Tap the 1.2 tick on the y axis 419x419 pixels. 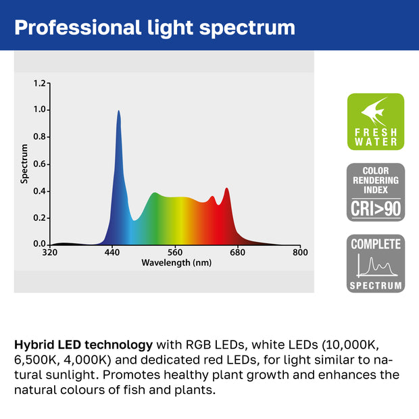pos(39,83)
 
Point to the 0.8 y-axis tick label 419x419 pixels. pos(39,137)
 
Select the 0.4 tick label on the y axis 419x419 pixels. pos(39,191)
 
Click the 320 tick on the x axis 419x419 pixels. pos(49,253)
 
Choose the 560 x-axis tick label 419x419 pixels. pos(175,253)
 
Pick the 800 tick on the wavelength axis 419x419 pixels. pos(299,253)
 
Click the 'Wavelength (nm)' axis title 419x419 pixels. pos(176,263)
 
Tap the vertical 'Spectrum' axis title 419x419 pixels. pos(24,164)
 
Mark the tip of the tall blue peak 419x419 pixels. pos(119,112)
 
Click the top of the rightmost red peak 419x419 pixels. pos(226,189)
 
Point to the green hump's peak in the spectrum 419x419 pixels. pos(154,193)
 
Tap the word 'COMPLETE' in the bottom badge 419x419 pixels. pos(375,244)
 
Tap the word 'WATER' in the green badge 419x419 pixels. pos(375,142)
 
